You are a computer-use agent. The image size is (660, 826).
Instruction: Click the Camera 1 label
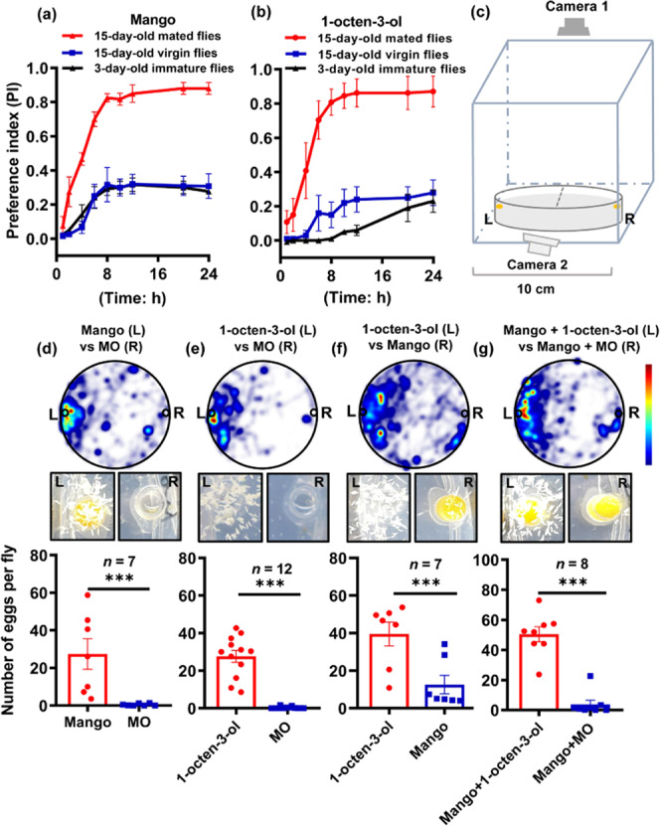point(577,6)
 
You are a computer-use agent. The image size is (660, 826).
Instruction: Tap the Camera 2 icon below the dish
point(541,244)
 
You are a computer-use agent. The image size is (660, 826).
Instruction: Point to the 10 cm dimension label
point(535,288)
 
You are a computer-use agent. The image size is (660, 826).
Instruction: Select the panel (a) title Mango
point(153,20)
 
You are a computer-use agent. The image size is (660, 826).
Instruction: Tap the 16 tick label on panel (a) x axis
point(158,274)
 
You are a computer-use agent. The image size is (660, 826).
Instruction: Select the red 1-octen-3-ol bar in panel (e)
point(236,682)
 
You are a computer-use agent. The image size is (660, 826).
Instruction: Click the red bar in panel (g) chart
point(539,672)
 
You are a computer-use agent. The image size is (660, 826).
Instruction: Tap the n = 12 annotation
point(271,569)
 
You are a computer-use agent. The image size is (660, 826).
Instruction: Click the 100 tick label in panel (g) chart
point(487,560)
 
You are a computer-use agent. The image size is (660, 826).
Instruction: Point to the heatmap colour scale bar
point(648,414)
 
